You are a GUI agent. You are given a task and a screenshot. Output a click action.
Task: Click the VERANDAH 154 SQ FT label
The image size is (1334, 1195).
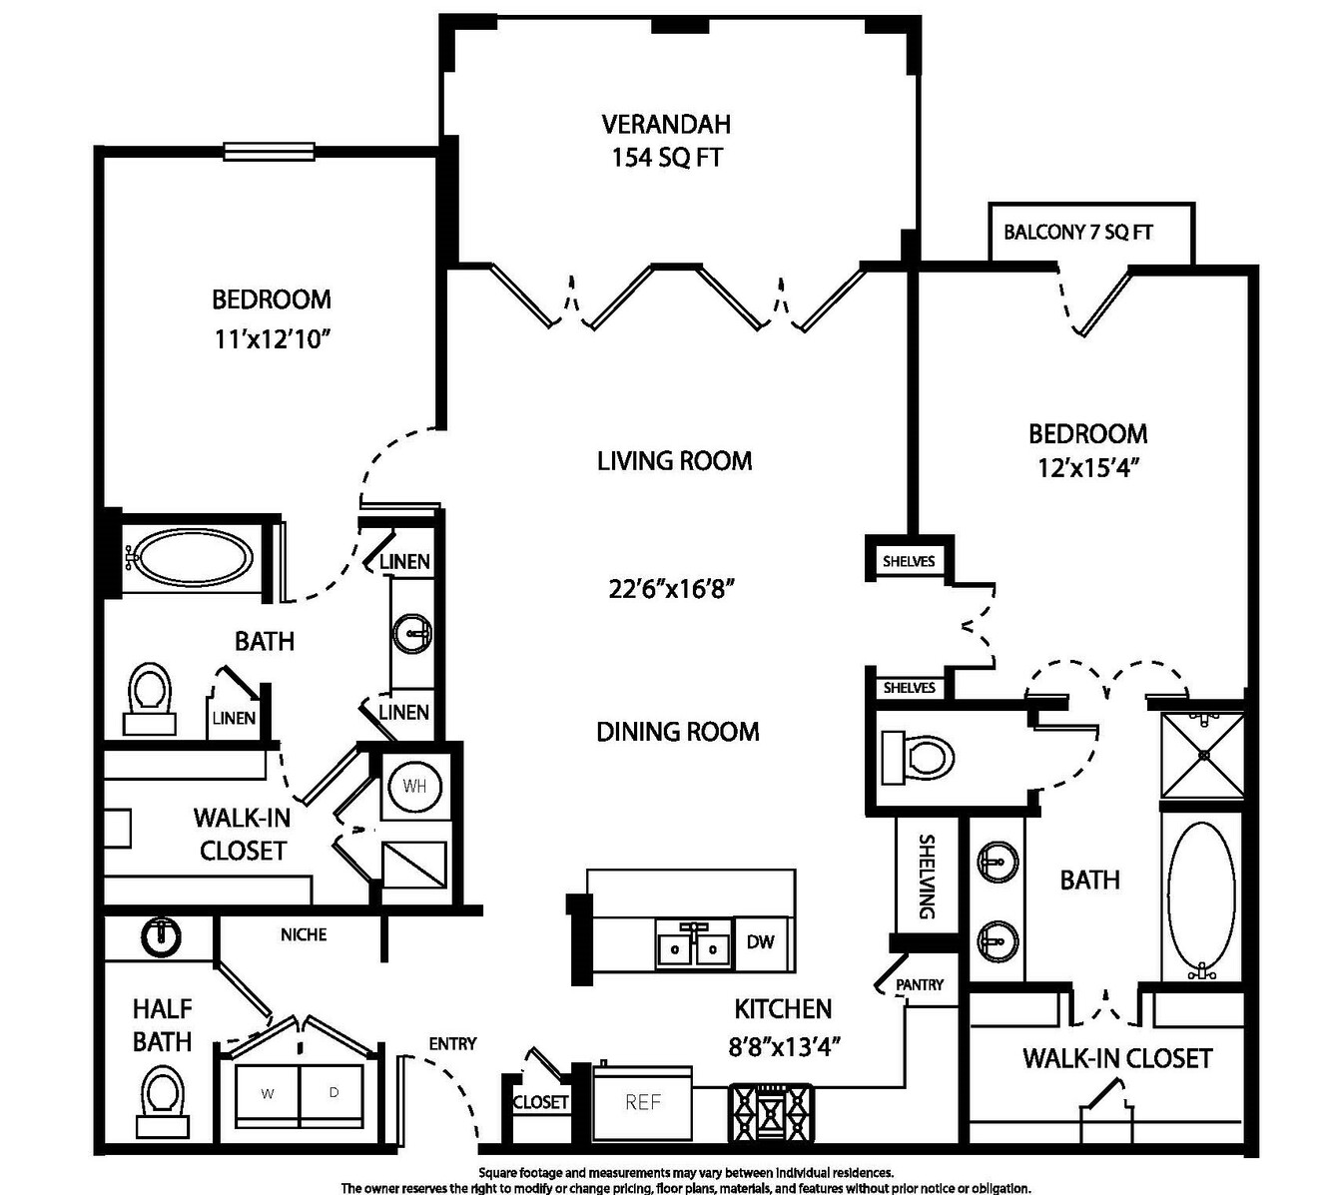pyautogui.click(x=666, y=141)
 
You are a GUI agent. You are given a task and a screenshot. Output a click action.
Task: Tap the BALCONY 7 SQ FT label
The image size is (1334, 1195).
pyautogui.click(x=1077, y=232)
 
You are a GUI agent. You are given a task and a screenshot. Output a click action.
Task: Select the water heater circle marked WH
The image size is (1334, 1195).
pyautogui.click(x=414, y=786)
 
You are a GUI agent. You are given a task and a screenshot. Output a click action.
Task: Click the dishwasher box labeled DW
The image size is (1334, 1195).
pyautogui.click(x=761, y=942)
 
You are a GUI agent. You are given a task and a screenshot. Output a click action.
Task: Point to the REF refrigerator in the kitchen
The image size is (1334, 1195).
pyautogui.click(x=643, y=1103)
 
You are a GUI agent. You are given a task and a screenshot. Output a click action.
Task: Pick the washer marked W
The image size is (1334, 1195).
pyautogui.click(x=267, y=1094)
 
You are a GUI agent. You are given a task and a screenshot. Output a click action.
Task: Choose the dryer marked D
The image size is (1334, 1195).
pyautogui.click(x=332, y=1094)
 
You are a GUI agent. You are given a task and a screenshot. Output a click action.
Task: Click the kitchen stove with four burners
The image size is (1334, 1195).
pyautogui.click(x=772, y=1112)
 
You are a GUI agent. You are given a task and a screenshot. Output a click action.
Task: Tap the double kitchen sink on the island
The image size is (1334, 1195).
pyautogui.click(x=693, y=944)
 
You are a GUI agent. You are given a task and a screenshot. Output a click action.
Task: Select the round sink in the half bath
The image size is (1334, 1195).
pyautogui.click(x=160, y=936)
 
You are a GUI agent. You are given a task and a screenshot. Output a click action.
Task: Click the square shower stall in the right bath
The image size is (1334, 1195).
pyautogui.click(x=1201, y=755)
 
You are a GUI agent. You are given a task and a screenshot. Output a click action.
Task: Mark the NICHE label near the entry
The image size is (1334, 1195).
pyautogui.click(x=304, y=934)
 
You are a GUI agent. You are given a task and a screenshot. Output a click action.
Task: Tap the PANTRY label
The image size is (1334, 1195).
pyautogui.click(x=920, y=985)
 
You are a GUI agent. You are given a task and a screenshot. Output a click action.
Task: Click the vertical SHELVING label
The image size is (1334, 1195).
pyautogui.click(x=927, y=877)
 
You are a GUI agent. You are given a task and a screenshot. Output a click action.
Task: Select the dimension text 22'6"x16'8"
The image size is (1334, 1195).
pyautogui.click(x=671, y=589)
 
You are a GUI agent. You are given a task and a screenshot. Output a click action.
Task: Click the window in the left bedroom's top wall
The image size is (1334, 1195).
pyautogui.click(x=269, y=152)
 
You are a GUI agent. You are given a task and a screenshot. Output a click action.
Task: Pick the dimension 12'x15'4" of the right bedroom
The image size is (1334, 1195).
pyautogui.click(x=1088, y=468)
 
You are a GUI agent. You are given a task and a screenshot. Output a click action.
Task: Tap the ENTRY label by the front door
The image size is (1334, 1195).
pyautogui.click(x=452, y=1043)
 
